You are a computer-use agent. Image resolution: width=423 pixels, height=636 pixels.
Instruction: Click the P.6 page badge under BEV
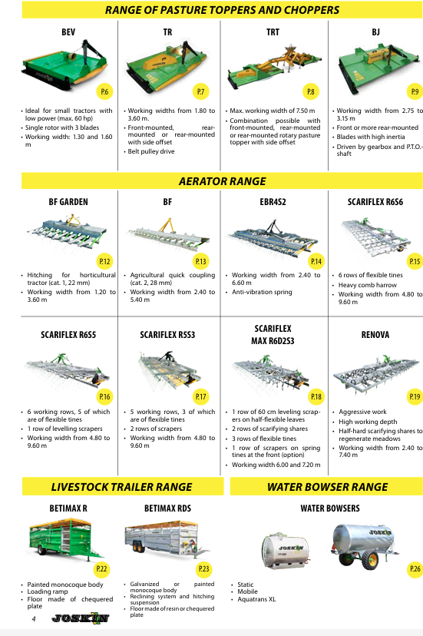[x=104, y=91]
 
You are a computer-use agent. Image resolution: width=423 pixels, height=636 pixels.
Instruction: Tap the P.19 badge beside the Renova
[x=415, y=396]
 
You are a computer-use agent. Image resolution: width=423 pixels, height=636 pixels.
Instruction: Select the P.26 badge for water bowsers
[x=415, y=568]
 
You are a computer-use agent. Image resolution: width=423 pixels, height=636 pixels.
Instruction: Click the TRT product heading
[x=273, y=32]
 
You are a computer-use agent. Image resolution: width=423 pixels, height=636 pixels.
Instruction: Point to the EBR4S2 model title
[x=273, y=202]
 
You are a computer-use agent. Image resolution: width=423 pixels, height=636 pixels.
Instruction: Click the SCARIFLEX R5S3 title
[x=167, y=335]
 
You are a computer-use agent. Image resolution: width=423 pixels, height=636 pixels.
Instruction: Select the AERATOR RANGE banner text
[x=222, y=181]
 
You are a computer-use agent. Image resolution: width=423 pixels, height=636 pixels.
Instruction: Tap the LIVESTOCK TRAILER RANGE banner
[x=121, y=487]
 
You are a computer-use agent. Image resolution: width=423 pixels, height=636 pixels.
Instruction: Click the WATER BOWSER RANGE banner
[x=327, y=487]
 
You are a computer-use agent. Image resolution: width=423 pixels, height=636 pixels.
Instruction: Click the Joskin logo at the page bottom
[x=81, y=618]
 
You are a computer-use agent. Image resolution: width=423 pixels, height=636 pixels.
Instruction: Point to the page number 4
[x=34, y=618]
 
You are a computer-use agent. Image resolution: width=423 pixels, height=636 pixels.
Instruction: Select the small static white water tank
[x=285, y=550]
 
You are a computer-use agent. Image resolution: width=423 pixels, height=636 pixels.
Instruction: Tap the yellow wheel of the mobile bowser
[x=371, y=560]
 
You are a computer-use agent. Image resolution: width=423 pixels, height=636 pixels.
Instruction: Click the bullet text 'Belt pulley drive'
[x=151, y=151]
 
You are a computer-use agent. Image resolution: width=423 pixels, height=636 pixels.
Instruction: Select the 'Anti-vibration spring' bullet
[x=262, y=292]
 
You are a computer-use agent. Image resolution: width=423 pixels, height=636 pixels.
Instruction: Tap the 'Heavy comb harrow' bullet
[x=368, y=285]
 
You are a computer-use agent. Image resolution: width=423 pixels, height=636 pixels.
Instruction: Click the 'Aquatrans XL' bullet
[x=256, y=599]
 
